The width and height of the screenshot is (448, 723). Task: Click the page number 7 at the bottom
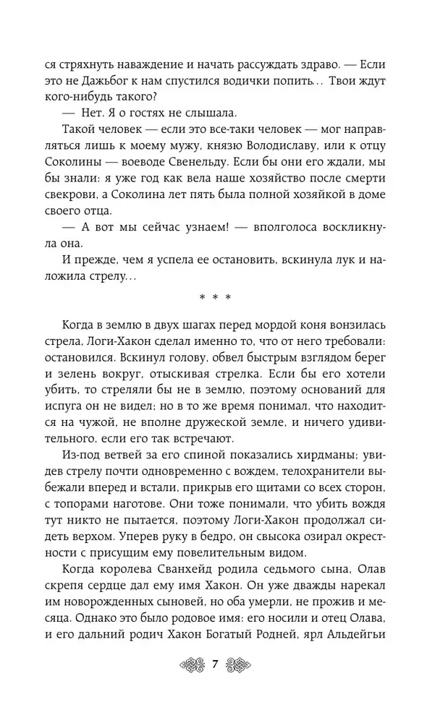coord(215,665)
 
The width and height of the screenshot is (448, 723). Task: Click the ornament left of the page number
coord(189,665)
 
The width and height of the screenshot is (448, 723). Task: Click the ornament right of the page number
coord(241,665)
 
